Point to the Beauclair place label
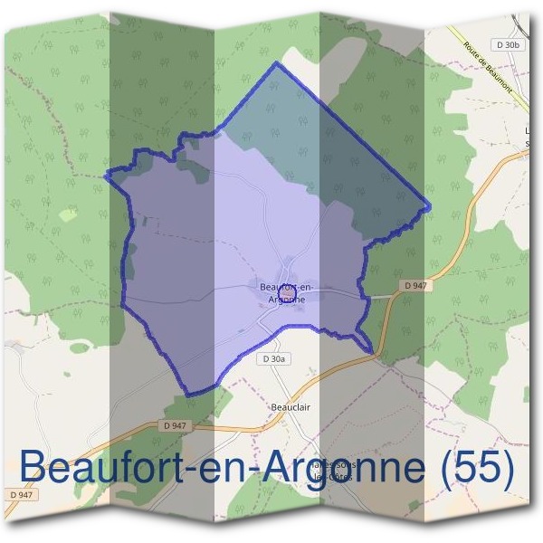291,407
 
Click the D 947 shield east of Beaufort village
415,285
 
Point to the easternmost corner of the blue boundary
429,207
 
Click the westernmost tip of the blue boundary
106,175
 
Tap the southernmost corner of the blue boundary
187,395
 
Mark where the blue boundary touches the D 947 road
372,352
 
